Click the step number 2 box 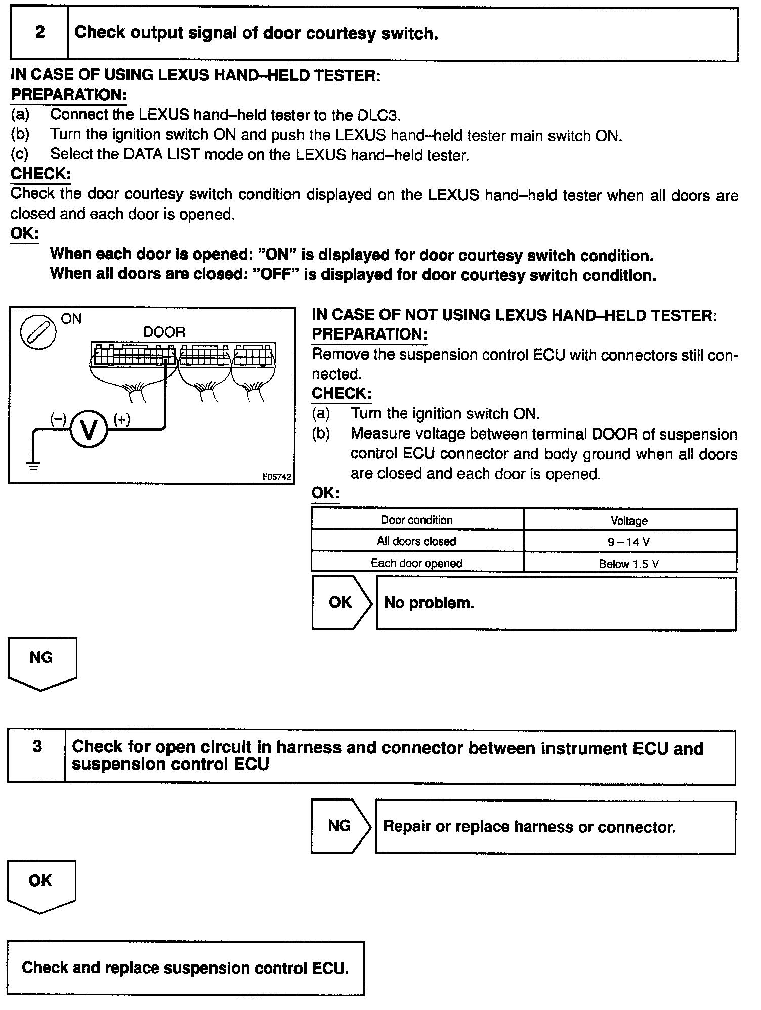39,33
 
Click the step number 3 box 37,756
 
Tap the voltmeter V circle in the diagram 89,430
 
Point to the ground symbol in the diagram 33,466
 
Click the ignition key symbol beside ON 37,332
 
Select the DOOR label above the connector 164,332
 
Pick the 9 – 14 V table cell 629,542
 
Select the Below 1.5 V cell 629,564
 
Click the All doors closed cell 417,541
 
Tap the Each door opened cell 417,563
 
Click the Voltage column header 629,521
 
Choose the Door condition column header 417,520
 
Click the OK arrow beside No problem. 341,602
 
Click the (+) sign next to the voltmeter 122,419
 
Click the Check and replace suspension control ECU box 186,968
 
